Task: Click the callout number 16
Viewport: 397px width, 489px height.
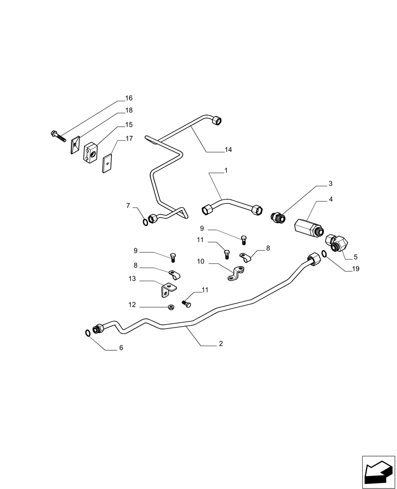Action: coord(129,98)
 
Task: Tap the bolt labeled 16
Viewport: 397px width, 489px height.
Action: coord(58,135)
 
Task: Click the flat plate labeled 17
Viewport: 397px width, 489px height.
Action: coord(108,164)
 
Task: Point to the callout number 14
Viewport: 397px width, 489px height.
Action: coord(228,150)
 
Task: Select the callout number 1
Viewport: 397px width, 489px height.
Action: coord(226,171)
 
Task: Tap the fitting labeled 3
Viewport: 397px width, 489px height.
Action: coord(278,216)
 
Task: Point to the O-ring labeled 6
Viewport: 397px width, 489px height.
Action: coord(87,333)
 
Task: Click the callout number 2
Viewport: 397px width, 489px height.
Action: coord(221,344)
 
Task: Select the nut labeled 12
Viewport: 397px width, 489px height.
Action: coord(172,307)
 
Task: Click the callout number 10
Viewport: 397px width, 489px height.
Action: coord(200,262)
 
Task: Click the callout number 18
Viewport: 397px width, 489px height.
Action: coord(129,111)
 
